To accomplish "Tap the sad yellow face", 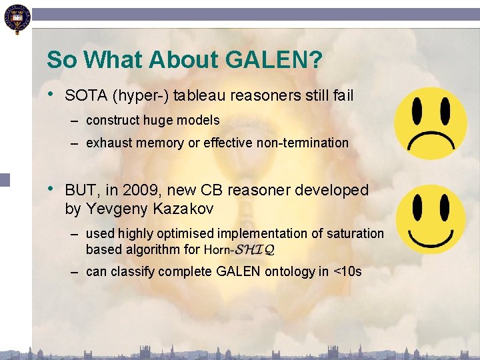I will (x=429, y=123).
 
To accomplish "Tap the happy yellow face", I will (x=430, y=219).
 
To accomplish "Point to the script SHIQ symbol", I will (x=253, y=250).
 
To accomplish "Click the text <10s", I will (x=347, y=272).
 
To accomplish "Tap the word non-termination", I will (x=309, y=143).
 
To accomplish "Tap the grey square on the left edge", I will (x=5, y=179).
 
